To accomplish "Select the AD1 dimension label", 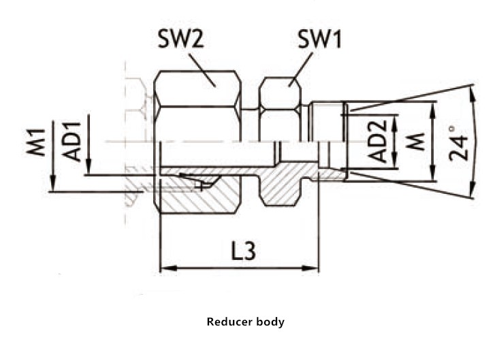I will (x=71, y=141).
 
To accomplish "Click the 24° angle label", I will (x=460, y=142).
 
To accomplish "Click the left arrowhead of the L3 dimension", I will (x=164, y=267).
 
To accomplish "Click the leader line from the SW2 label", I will (x=202, y=68).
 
